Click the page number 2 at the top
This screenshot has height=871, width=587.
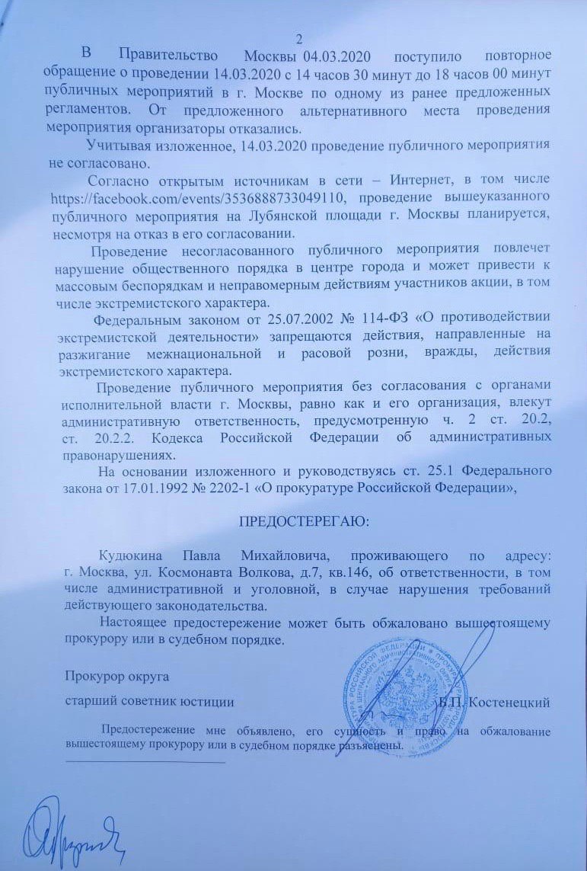tap(298, 39)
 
